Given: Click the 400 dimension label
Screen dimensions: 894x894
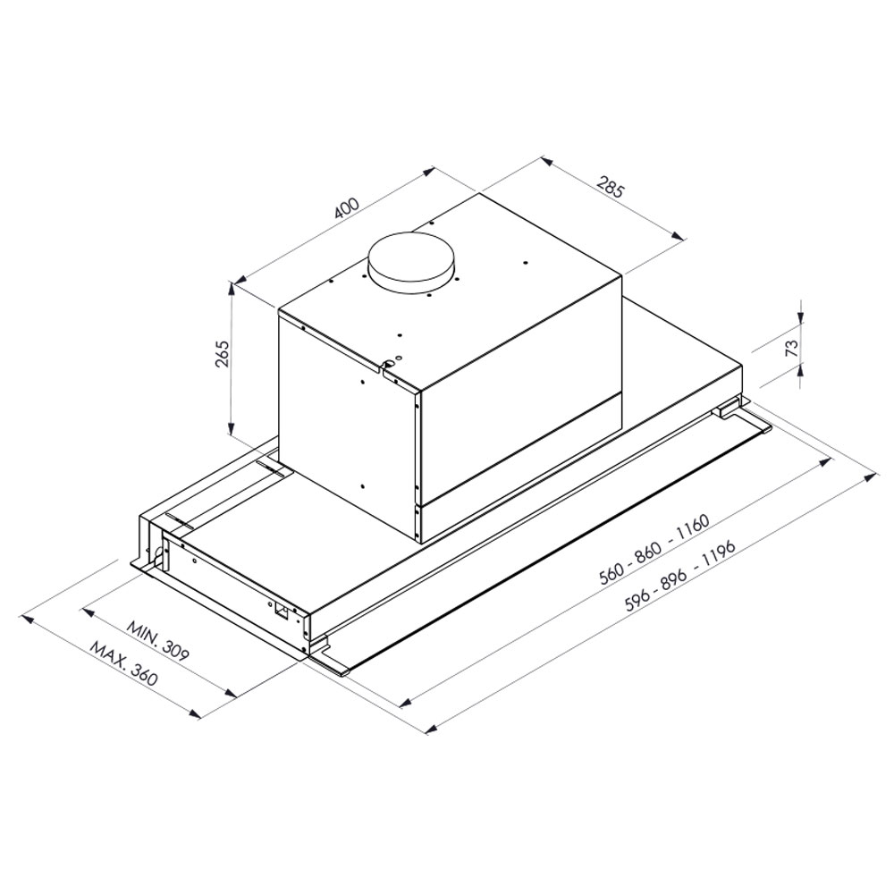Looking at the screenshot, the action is tap(347, 208).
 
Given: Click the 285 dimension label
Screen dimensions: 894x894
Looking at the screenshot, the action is tap(611, 188).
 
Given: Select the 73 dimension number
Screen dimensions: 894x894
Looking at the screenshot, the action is tap(791, 348).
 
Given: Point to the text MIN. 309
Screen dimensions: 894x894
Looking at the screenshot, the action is tap(157, 640).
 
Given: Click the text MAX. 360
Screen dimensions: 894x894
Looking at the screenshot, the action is tap(123, 664).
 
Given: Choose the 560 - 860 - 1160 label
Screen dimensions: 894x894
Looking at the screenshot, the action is tap(654, 550).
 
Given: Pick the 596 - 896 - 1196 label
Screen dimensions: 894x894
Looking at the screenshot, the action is tap(680, 577).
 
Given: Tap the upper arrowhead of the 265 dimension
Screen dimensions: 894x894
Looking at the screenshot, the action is tap(231, 287).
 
